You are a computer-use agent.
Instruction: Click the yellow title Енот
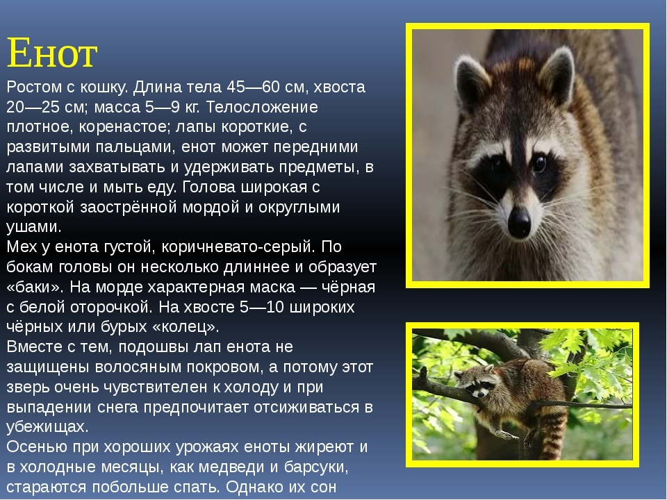point(52,53)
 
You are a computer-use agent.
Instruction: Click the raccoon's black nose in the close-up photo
point(520,221)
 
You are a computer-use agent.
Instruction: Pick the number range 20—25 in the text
point(33,107)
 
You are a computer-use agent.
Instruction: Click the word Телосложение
point(262,107)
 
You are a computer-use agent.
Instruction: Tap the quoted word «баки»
point(35,287)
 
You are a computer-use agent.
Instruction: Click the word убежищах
point(47,427)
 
